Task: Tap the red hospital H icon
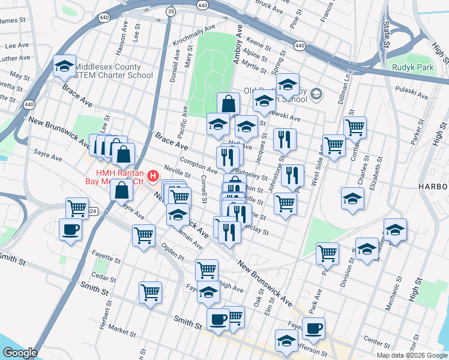(153, 176)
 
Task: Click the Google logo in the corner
(20, 353)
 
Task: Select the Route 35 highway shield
(172, 11)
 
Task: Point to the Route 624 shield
(91, 211)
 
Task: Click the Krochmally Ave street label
(193, 36)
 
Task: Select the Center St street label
(378, 342)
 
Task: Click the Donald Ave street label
(175, 66)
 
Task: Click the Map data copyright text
(412, 355)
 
